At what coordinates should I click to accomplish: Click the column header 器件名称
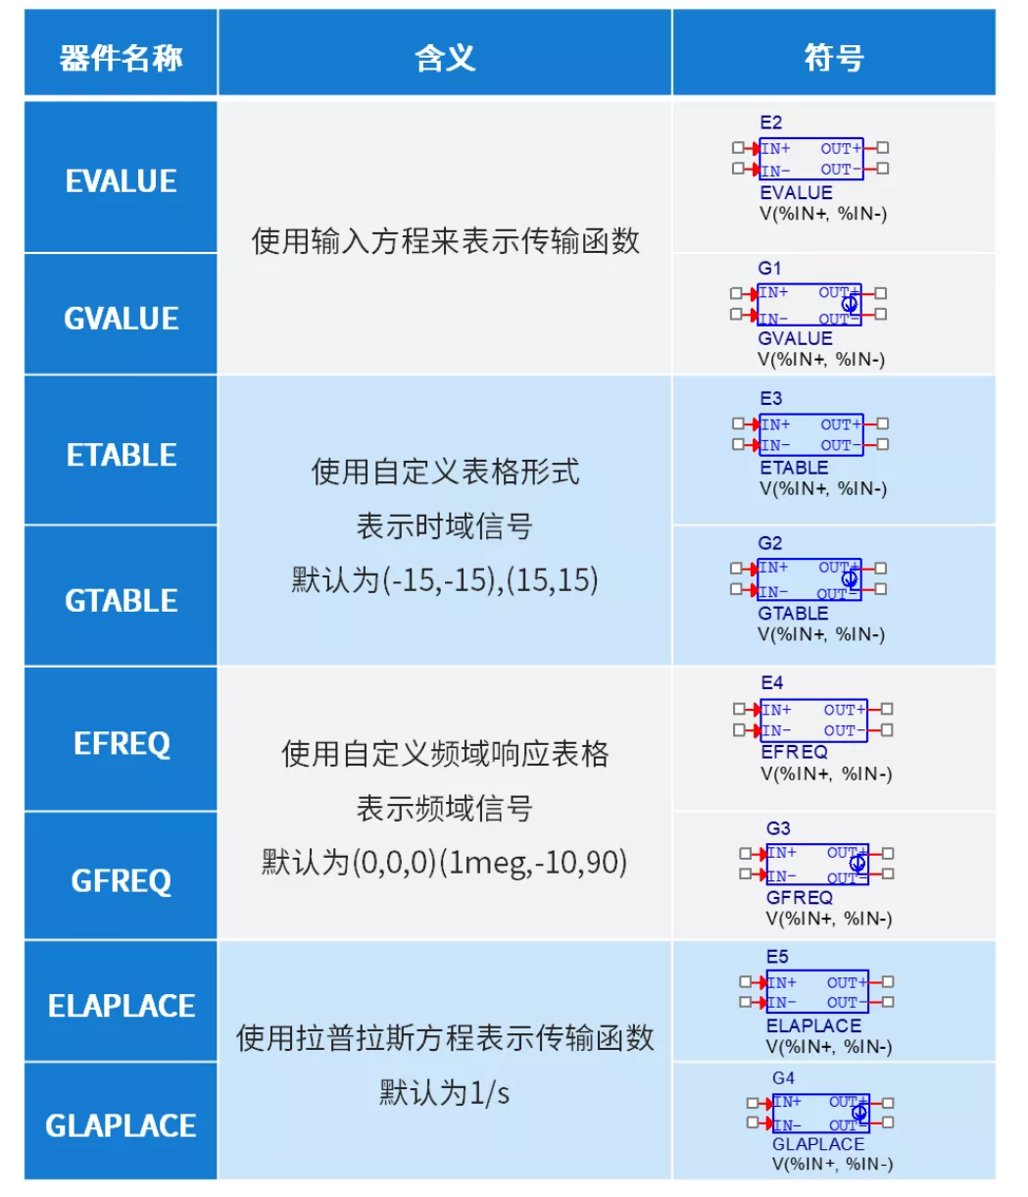click(121, 58)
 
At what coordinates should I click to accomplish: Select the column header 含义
click(445, 58)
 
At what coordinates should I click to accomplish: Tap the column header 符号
click(834, 58)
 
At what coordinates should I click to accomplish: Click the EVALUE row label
click(121, 180)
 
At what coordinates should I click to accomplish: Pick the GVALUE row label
click(121, 318)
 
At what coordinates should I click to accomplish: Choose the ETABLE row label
click(121, 455)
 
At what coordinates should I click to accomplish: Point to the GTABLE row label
click(121, 600)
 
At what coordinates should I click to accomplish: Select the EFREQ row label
click(122, 743)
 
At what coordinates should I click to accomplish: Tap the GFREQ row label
click(121, 880)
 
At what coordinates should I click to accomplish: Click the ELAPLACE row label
click(121, 1005)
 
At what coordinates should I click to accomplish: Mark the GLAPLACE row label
click(121, 1125)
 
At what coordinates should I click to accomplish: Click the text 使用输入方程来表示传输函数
click(445, 241)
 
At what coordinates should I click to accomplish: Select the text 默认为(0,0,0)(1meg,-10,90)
click(445, 863)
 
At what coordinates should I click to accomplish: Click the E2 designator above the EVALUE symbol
click(770, 123)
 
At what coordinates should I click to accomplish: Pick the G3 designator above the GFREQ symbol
click(778, 828)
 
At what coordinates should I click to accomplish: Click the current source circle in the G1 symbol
click(850, 304)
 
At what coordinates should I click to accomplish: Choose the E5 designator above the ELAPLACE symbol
click(777, 957)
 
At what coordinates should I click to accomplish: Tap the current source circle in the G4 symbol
click(859, 1113)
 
